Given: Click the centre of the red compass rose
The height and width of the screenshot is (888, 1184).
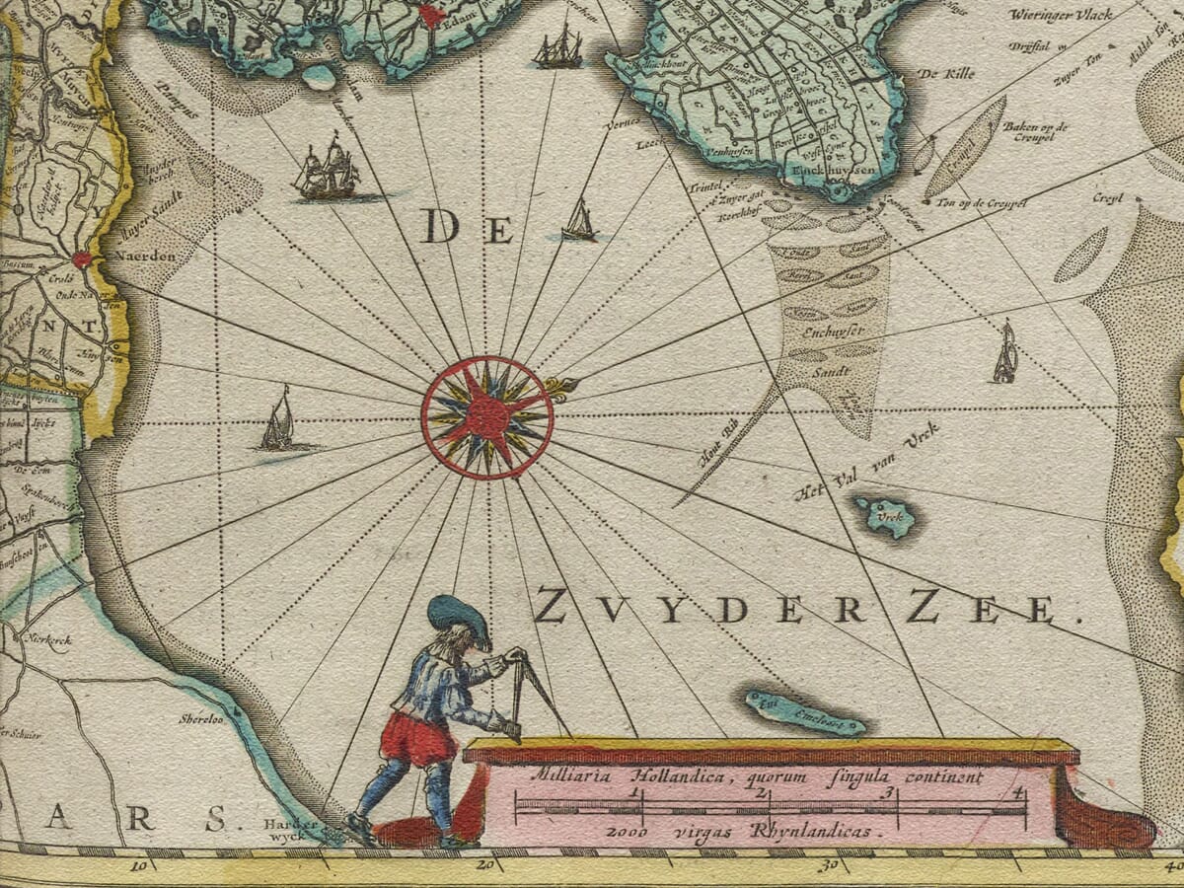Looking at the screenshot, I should pyautogui.click(x=486, y=417).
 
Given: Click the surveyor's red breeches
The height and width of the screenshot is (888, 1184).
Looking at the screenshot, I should pyautogui.click(x=419, y=738).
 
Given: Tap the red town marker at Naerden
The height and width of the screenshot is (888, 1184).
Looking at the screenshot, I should pyautogui.click(x=81, y=259).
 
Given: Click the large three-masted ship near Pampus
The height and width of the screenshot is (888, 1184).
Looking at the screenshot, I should pyautogui.click(x=328, y=169).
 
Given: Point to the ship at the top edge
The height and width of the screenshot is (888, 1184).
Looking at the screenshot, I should pyautogui.click(x=558, y=46).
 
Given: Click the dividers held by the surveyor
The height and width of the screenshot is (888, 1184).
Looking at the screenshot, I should pyautogui.click(x=525, y=691).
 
